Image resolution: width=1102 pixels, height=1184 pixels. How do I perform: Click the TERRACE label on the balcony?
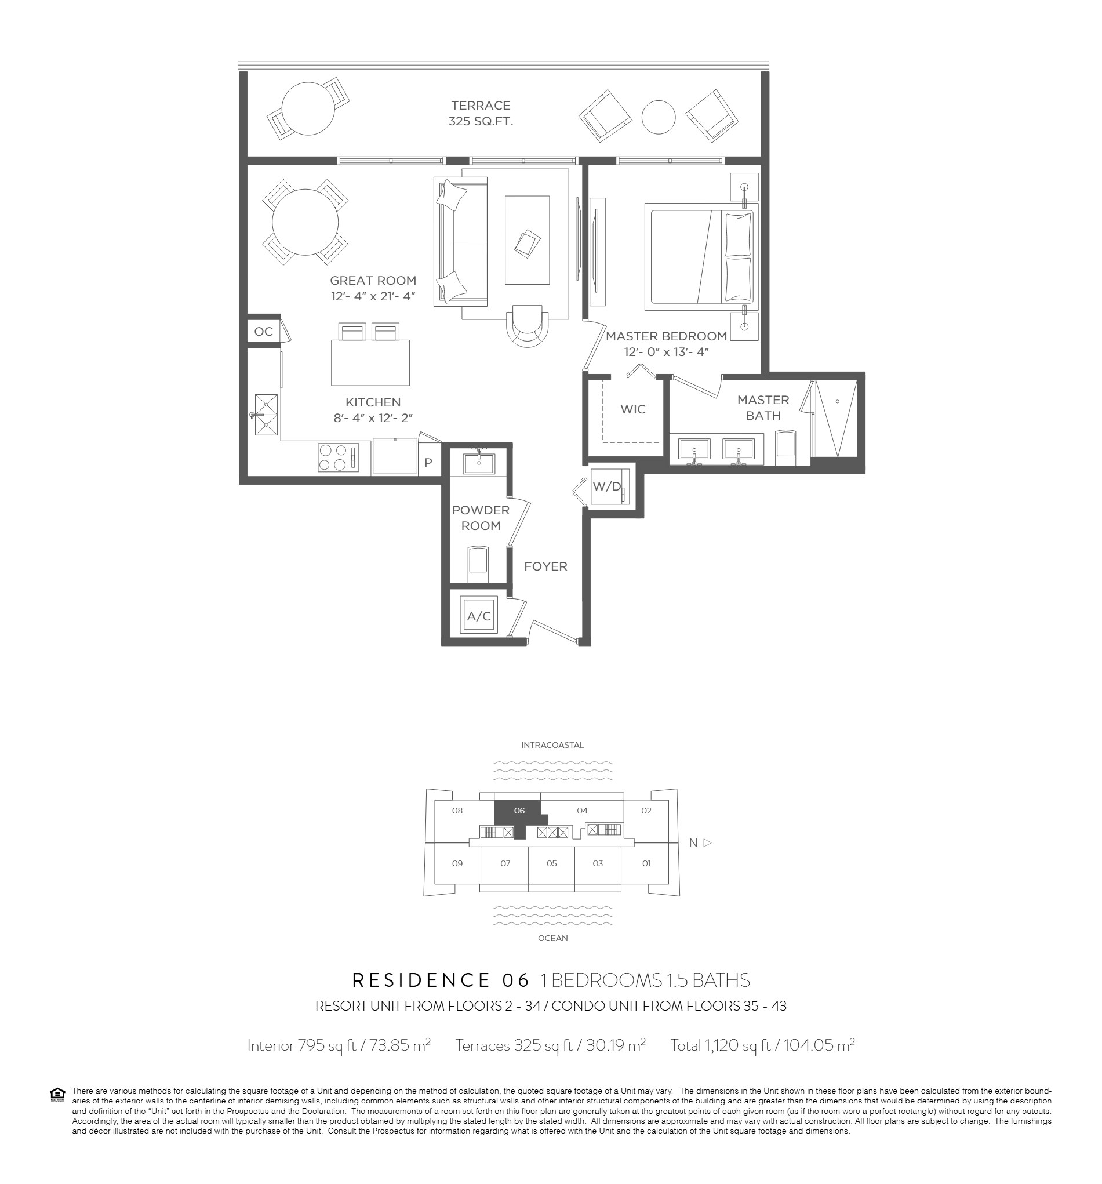pyautogui.click(x=481, y=106)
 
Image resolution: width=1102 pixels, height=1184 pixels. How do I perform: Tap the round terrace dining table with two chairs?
pyautogui.click(x=308, y=109)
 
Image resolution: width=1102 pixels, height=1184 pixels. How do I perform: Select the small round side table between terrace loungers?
pyautogui.click(x=659, y=117)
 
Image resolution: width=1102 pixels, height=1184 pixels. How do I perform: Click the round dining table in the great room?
pyautogui.click(x=305, y=222)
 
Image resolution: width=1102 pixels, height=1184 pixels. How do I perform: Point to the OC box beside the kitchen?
pyautogui.click(x=263, y=331)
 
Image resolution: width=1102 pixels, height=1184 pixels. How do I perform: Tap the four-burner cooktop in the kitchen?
pyautogui.click(x=338, y=457)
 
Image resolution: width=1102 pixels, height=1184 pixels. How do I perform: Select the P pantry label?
pyautogui.click(x=428, y=463)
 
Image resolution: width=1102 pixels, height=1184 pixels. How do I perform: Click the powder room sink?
pyautogui.click(x=479, y=462)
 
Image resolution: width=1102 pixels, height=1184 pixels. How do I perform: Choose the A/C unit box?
pyautogui.click(x=479, y=616)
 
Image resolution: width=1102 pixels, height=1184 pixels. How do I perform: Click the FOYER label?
pyautogui.click(x=545, y=566)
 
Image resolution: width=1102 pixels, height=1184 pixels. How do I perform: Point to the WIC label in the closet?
pyautogui.click(x=633, y=409)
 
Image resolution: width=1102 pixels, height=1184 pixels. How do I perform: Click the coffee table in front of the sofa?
pyautogui.click(x=527, y=240)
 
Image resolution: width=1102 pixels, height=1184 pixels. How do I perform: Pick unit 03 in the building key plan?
pyautogui.click(x=598, y=863)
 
